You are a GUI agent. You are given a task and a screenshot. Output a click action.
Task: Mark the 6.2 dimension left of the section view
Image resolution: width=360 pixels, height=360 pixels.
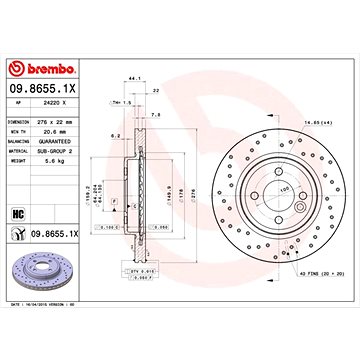coord(116,134)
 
